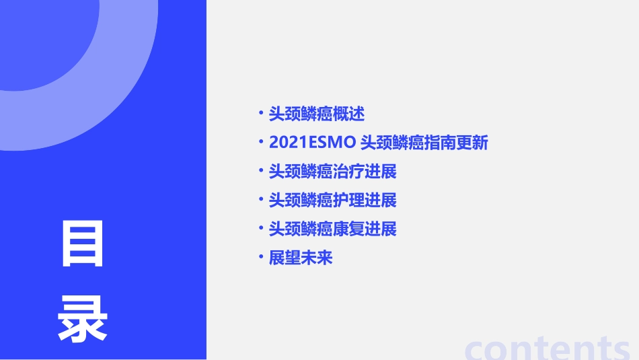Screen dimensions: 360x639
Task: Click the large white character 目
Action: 83,243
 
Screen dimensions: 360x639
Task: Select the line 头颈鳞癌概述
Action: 316,114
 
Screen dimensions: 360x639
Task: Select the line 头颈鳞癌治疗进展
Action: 332,172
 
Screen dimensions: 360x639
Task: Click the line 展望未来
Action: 301,258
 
